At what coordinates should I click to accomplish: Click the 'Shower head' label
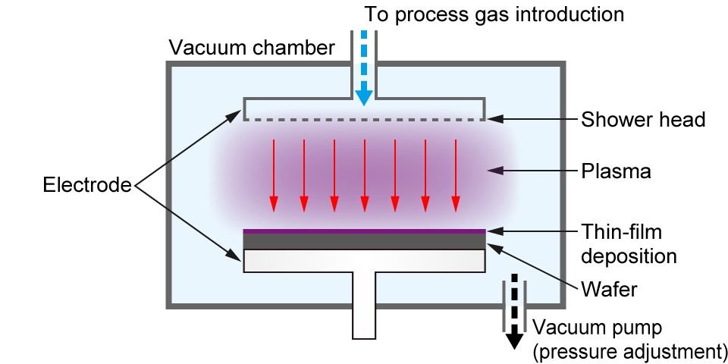643,120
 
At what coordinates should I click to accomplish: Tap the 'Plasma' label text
616,171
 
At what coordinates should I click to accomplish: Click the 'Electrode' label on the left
87,184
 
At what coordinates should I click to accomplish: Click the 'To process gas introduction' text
494,14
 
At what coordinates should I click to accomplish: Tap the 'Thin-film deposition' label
629,243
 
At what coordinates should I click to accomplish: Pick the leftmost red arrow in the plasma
274,174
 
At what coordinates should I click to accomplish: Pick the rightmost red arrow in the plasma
455,174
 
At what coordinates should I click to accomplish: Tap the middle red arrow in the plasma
364,174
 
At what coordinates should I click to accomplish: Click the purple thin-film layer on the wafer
364,231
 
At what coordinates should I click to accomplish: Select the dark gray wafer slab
364,240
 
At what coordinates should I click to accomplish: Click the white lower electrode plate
364,260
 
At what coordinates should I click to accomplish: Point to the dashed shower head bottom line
364,119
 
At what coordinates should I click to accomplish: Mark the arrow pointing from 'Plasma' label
531,171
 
